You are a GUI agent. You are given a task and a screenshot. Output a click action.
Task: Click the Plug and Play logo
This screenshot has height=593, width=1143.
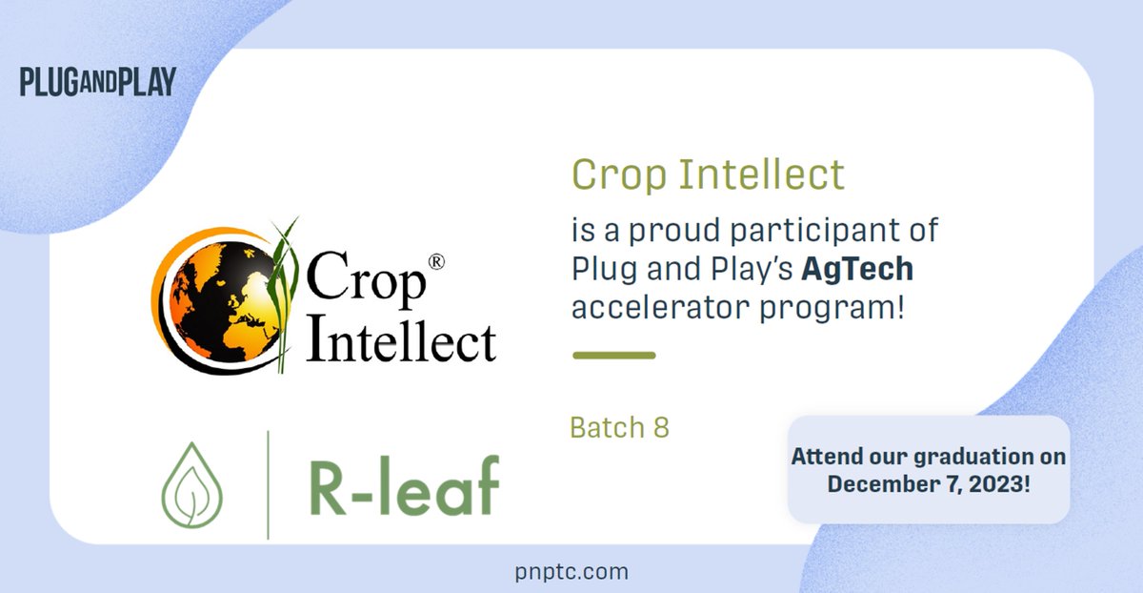coord(97,82)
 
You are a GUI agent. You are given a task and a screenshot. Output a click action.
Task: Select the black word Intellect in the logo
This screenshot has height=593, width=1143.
coord(401,340)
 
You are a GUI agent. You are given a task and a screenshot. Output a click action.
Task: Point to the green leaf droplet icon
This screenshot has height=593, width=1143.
coord(192,484)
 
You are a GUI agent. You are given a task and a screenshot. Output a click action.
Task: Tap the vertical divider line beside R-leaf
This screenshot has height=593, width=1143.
coord(268,484)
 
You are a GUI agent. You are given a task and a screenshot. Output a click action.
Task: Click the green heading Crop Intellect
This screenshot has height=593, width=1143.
coord(708,174)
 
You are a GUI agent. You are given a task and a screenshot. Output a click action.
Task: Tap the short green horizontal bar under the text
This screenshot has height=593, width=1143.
coord(613,356)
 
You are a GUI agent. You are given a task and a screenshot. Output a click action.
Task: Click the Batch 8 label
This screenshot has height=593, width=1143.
coord(619,427)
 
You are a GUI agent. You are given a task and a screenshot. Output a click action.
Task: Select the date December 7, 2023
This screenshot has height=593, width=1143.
coord(928,482)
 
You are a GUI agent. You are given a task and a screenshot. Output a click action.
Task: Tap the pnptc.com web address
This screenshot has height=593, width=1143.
coord(570,571)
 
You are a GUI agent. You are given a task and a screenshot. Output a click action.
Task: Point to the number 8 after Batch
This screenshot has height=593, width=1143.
coord(660,427)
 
